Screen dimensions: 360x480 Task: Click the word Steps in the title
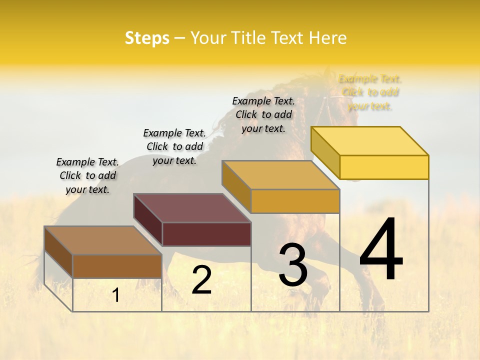point(147,38)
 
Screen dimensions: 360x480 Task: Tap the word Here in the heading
point(327,38)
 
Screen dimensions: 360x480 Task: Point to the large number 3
point(293,265)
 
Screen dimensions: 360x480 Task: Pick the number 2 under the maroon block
point(201,280)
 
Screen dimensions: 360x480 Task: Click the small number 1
point(116,295)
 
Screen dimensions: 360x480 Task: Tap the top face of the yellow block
point(370,141)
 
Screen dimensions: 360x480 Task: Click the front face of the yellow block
point(384,167)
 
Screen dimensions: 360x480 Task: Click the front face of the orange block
point(295,201)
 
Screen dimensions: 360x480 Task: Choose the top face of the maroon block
point(192,208)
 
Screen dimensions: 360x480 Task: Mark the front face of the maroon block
point(206,234)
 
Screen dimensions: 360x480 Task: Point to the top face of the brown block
point(103,240)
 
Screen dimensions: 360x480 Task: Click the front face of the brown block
point(117,266)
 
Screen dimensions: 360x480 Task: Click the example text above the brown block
point(87,175)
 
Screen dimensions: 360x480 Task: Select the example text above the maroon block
point(174,146)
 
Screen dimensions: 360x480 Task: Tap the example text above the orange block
point(263,114)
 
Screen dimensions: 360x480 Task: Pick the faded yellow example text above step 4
point(370,92)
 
